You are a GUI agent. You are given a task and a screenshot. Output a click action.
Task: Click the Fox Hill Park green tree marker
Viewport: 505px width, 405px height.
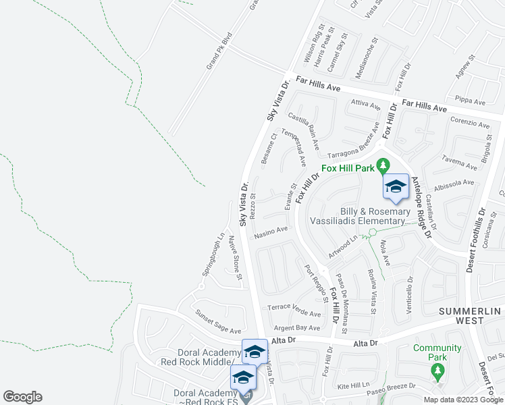383,165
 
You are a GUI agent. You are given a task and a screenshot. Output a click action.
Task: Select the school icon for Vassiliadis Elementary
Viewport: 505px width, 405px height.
395,188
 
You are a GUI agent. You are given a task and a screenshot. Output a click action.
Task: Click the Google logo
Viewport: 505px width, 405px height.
22,397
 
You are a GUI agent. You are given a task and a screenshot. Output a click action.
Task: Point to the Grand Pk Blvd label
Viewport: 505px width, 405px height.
219,51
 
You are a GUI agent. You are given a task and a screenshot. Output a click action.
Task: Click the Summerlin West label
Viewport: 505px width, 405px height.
471,315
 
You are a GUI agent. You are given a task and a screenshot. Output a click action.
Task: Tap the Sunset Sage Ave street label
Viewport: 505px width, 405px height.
218,322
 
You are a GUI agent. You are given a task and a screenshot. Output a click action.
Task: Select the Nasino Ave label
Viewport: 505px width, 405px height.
271,232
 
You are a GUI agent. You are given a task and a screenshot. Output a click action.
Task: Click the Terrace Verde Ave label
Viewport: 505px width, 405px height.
294,309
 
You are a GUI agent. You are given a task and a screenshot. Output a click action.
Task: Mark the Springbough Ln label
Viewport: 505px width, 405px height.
214,254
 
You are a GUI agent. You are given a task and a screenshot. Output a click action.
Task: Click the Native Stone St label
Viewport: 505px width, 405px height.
234,254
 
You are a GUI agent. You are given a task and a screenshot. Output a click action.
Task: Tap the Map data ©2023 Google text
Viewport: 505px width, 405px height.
462,400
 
